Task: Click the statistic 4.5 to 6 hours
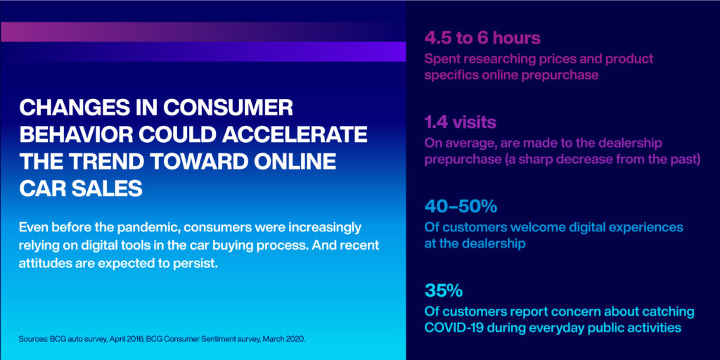(x=482, y=39)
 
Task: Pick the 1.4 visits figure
(x=460, y=122)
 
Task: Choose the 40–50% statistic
(x=461, y=207)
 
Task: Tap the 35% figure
(x=444, y=290)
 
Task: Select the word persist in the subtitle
(x=195, y=264)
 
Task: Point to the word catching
(x=671, y=312)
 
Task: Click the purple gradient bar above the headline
(x=203, y=41)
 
